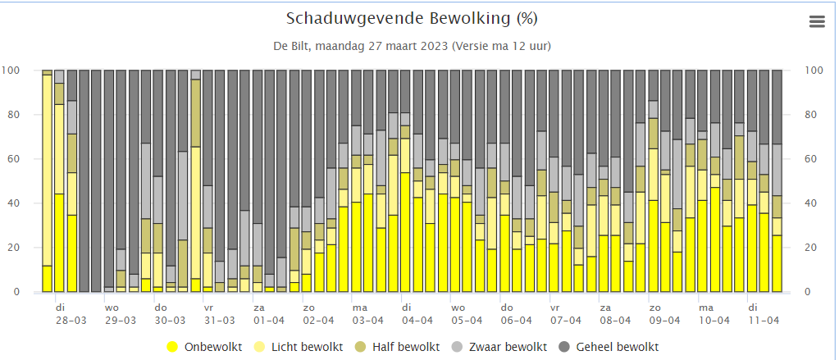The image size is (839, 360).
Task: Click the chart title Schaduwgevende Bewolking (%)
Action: pyautogui.click(x=412, y=19)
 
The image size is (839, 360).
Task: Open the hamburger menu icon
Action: pyautogui.click(x=817, y=22)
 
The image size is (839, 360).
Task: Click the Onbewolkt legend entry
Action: pyautogui.click(x=212, y=347)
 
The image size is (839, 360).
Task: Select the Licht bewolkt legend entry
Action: pyautogui.click(x=307, y=347)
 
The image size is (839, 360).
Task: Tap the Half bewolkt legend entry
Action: pyautogui.click(x=405, y=347)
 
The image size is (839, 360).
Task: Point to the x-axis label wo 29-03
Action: pyautogui.click(x=121, y=314)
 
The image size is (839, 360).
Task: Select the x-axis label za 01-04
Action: pyautogui.click(x=268, y=314)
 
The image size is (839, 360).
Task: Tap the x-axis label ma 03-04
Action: pyautogui.click(x=367, y=314)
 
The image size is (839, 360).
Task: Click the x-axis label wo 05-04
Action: pyautogui.click(x=467, y=314)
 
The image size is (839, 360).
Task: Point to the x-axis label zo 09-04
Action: pyautogui.click(x=664, y=314)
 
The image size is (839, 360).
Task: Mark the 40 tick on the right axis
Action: pyautogui.click(x=812, y=203)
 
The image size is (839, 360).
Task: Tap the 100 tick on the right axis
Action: pyautogui.click(x=814, y=71)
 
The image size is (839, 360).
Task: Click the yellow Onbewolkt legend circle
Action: pyautogui.click(x=173, y=347)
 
